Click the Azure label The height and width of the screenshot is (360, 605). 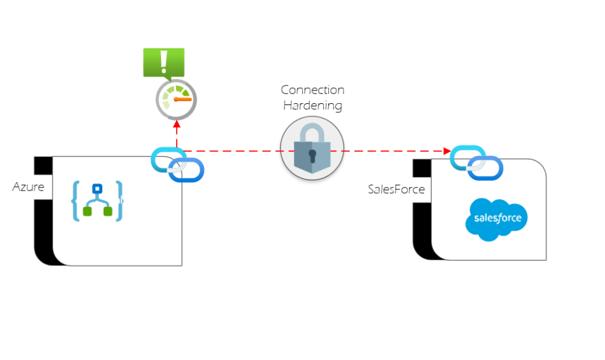(28, 187)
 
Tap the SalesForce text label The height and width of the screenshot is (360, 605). (396, 189)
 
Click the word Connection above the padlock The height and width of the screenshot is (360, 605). (312, 90)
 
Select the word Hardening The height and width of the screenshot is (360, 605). (312, 104)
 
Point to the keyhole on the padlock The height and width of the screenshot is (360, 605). (312, 155)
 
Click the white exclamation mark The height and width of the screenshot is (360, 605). (164, 61)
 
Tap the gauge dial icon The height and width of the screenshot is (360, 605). (177, 99)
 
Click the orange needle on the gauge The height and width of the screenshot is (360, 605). (182, 99)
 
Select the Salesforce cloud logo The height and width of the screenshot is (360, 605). (497, 219)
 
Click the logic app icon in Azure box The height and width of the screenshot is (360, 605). (98, 201)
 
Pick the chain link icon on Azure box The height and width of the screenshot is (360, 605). (177, 164)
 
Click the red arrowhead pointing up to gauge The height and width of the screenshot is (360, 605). (177, 126)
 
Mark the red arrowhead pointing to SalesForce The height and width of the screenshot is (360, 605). (447, 151)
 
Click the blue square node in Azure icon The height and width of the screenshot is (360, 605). (98, 189)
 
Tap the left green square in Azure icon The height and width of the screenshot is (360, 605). (87, 212)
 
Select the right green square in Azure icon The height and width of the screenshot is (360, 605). (108, 212)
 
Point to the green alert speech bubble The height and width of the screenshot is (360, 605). (164, 62)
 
